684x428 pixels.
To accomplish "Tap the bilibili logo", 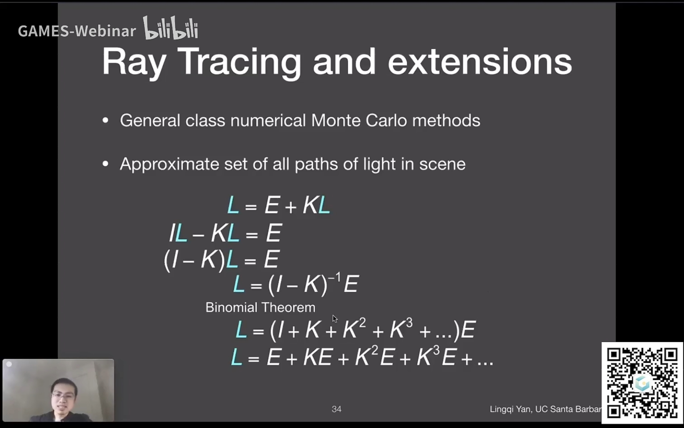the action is coord(171,28).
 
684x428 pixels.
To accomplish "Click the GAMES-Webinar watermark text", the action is coord(77,31).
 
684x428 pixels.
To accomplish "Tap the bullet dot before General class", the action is coord(106,121).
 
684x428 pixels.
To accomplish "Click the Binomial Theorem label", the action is coord(260,307).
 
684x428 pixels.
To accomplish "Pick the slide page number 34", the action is coord(336,409).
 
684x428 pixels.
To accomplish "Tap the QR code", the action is coord(642,383).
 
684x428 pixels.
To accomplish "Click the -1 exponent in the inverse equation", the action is coord(334,277).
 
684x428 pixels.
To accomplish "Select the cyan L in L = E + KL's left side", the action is coord(233,205).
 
